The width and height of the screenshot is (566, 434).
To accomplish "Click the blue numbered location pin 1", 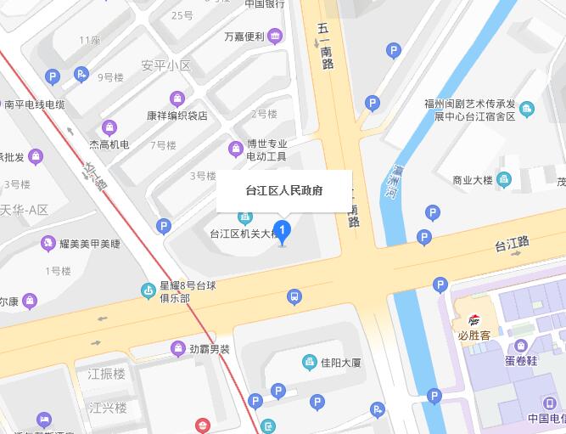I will click(x=283, y=229).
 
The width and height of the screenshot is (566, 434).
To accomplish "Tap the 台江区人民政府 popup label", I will click(x=283, y=191).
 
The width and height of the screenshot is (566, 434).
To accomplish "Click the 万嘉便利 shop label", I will click(x=244, y=37).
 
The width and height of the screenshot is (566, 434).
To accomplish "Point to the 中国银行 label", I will click(x=264, y=3).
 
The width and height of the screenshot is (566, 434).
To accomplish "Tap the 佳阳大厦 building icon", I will click(x=310, y=363).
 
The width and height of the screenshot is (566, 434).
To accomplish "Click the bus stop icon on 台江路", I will click(x=294, y=296).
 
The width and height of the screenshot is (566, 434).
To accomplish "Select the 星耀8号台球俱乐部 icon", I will click(x=149, y=291).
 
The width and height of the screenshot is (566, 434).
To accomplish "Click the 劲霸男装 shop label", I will click(x=210, y=348).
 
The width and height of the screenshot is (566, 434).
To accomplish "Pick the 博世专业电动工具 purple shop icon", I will click(x=236, y=149).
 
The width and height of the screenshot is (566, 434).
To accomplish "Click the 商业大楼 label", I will click(x=473, y=180).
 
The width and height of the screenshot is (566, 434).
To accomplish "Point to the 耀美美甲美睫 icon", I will click(x=48, y=244).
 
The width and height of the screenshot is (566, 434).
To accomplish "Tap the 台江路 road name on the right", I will click(x=513, y=245).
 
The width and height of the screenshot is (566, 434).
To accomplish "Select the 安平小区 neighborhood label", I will click(x=166, y=65).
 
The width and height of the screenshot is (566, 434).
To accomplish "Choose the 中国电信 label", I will click(x=546, y=419).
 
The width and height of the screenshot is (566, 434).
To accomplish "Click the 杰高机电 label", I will click(x=109, y=144).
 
